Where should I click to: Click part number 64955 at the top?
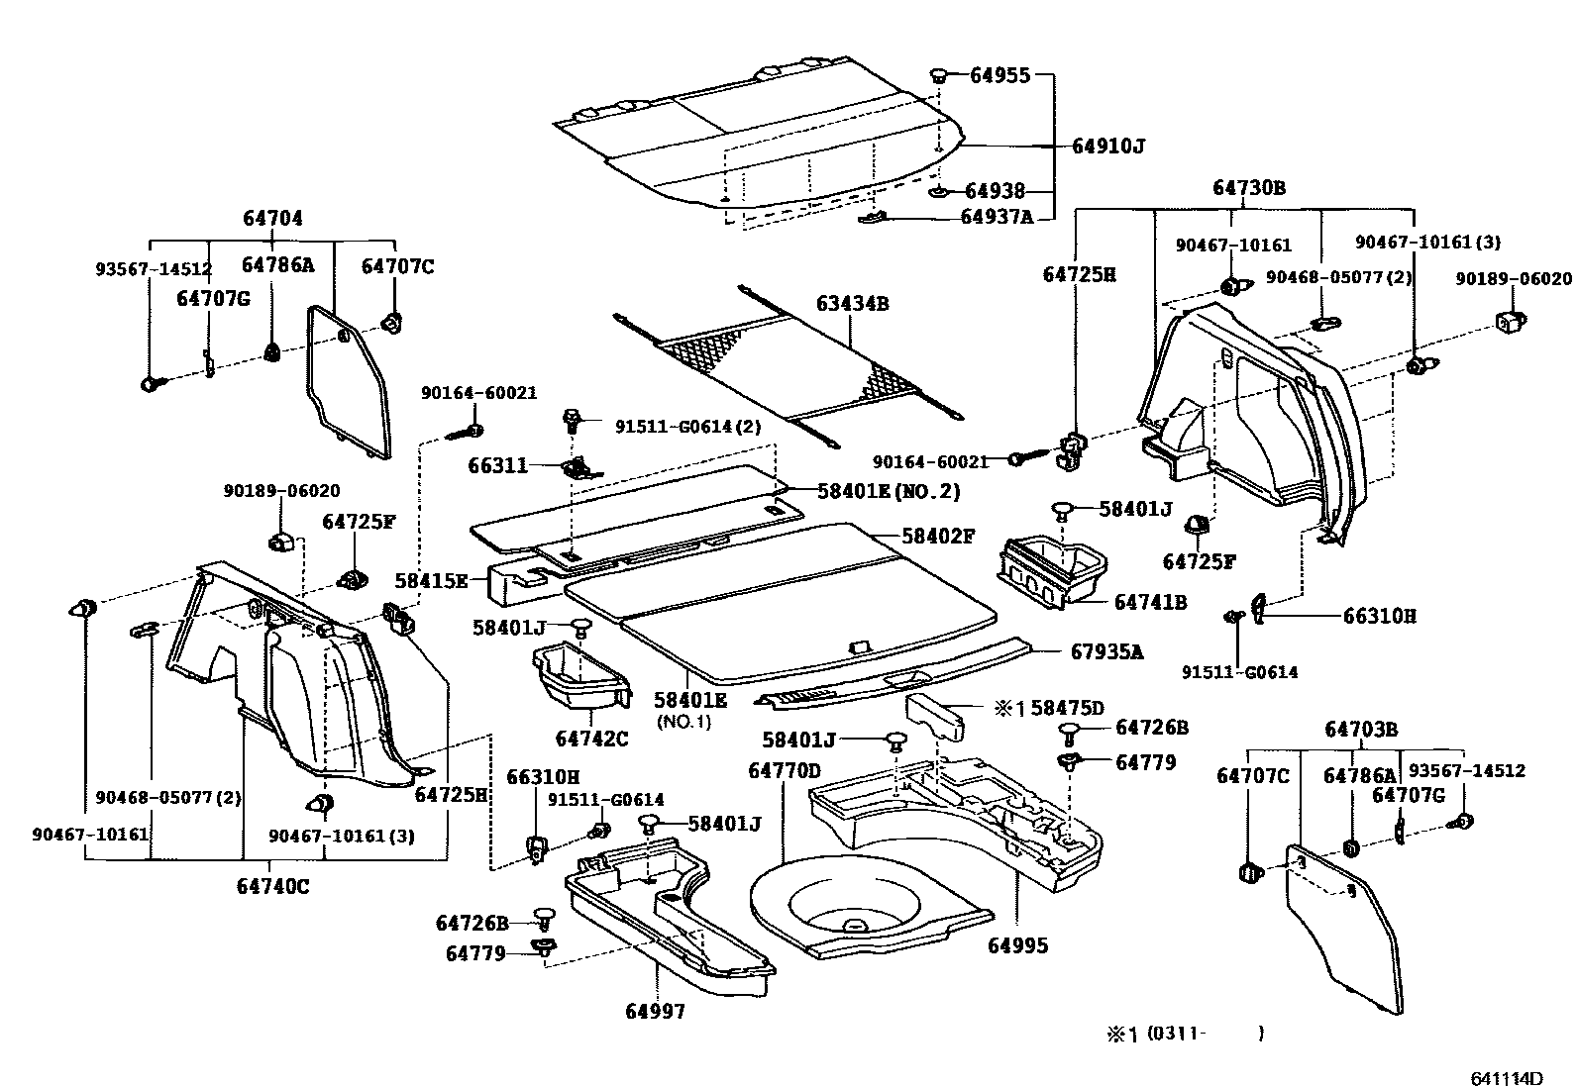coord(999,75)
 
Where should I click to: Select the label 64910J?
coord(1107,147)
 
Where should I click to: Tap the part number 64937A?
coord(997,216)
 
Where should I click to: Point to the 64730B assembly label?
coord(1249,188)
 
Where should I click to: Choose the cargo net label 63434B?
coord(852,303)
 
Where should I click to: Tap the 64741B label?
coord(1150,601)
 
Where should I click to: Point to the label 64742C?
coord(591,739)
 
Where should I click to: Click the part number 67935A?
coord(1106,651)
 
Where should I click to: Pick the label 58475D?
coord(1066,708)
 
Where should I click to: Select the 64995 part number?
coord(1017,945)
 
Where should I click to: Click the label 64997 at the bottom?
coord(655,1011)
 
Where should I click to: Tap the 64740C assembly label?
coord(272,886)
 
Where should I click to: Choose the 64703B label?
coord(1361,730)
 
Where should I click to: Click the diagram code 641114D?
coord(1507,1077)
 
